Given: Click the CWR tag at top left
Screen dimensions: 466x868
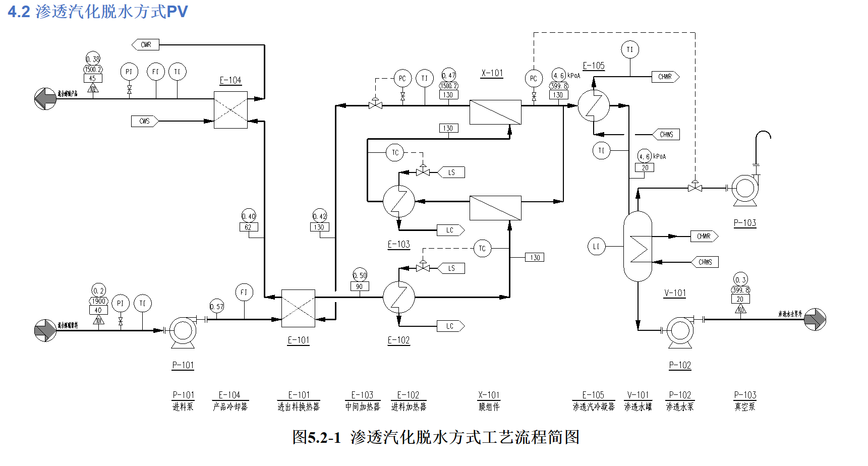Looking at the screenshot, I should pyautogui.click(x=146, y=45).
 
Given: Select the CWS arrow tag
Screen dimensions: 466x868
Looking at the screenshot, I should pyautogui.click(x=145, y=121).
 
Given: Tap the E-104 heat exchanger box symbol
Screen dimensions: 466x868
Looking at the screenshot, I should pyautogui.click(x=230, y=110).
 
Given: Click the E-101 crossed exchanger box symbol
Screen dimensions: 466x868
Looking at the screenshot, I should pyautogui.click(x=298, y=308).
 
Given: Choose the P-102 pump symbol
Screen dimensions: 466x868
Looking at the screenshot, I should pyautogui.click(x=680, y=331).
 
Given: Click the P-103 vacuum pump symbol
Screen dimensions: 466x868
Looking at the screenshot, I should pyautogui.click(x=745, y=189).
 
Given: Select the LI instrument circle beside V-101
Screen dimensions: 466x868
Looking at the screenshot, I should pyautogui.click(x=596, y=247).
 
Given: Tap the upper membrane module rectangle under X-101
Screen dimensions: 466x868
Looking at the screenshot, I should pyautogui.click(x=495, y=112).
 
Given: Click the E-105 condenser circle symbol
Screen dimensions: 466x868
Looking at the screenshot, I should pyautogui.click(x=594, y=105).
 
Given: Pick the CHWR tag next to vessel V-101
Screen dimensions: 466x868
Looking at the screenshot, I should pyautogui.click(x=704, y=236).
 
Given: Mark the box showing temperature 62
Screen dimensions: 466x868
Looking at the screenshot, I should pyautogui.click(x=248, y=227).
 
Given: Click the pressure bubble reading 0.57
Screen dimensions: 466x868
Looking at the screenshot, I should pyautogui.click(x=217, y=306).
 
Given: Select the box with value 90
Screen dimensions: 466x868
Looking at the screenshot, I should pyautogui.click(x=360, y=286).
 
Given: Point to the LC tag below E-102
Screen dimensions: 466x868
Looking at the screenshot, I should pyautogui.click(x=450, y=326).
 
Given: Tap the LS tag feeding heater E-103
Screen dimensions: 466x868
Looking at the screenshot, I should pyautogui.click(x=451, y=172).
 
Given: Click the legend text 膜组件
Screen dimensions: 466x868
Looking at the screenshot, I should pyautogui.click(x=489, y=406).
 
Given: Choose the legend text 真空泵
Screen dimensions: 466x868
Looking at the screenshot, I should pyautogui.click(x=745, y=406).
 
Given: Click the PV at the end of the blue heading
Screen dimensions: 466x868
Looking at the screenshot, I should pyautogui.click(x=177, y=12).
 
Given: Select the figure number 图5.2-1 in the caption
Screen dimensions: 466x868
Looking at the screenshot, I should pyautogui.click(x=317, y=437).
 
